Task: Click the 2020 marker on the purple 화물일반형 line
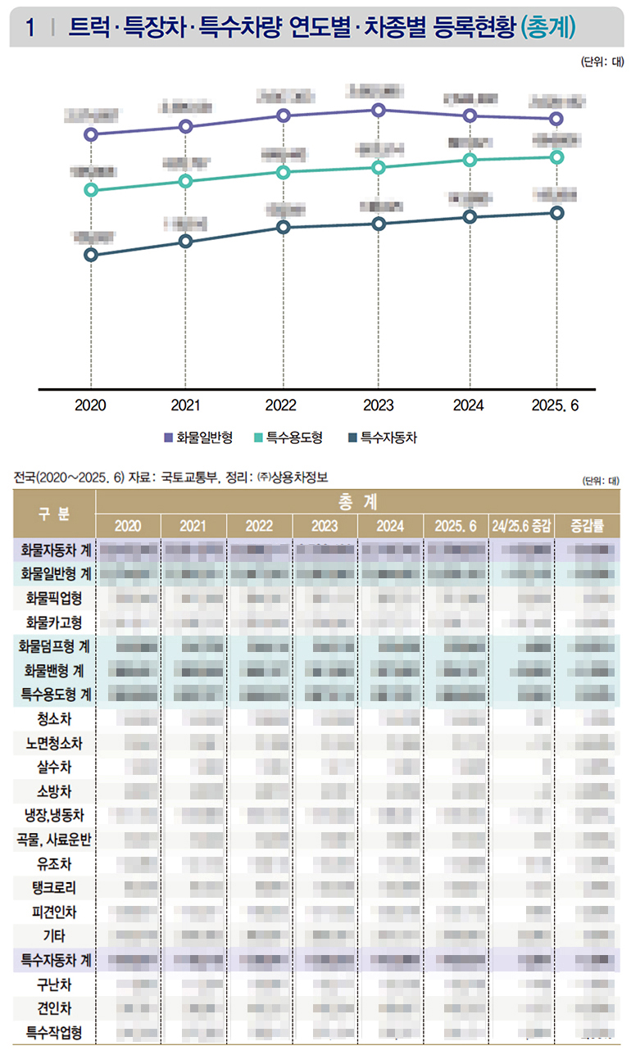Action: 91,134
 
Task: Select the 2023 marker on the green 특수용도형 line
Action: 378,168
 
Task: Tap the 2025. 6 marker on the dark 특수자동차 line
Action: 557,213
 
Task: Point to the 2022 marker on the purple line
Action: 284,115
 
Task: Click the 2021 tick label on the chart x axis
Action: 185,405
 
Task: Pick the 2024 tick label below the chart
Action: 469,405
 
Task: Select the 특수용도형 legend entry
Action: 288,438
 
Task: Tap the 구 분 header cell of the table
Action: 54,513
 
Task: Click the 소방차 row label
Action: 54,791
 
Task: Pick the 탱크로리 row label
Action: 54,887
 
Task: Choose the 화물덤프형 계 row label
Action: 54,647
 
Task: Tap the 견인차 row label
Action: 54,1007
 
